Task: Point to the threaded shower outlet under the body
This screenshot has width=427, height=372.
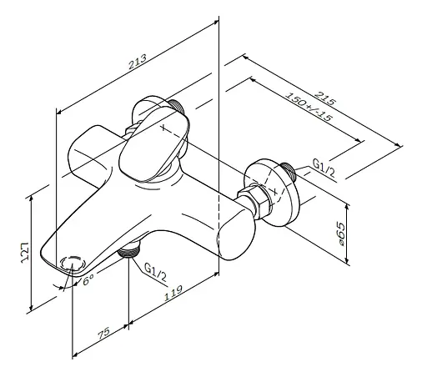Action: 128,249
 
